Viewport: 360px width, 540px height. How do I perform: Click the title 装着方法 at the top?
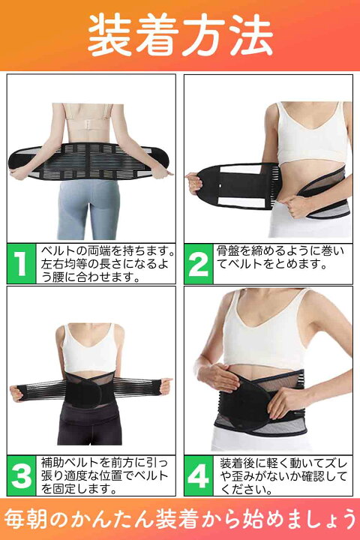point(180,35)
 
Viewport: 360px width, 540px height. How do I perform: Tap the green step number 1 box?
point(21,264)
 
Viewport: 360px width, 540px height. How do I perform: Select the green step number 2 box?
point(199,264)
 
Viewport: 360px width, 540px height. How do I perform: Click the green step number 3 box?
point(21,475)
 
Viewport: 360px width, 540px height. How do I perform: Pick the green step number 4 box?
point(199,475)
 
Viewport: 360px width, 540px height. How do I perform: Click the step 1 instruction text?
point(107,264)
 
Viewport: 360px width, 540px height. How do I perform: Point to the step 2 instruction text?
point(280,257)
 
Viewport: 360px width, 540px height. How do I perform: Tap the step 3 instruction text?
point(104,475)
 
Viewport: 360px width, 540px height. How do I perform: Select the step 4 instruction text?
point(283,476)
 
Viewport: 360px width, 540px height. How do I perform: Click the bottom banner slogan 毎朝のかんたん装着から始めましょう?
point(180,519)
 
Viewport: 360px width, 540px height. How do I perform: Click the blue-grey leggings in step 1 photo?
point(88,208)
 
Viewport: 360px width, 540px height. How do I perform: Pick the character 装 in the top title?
point(109,35)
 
